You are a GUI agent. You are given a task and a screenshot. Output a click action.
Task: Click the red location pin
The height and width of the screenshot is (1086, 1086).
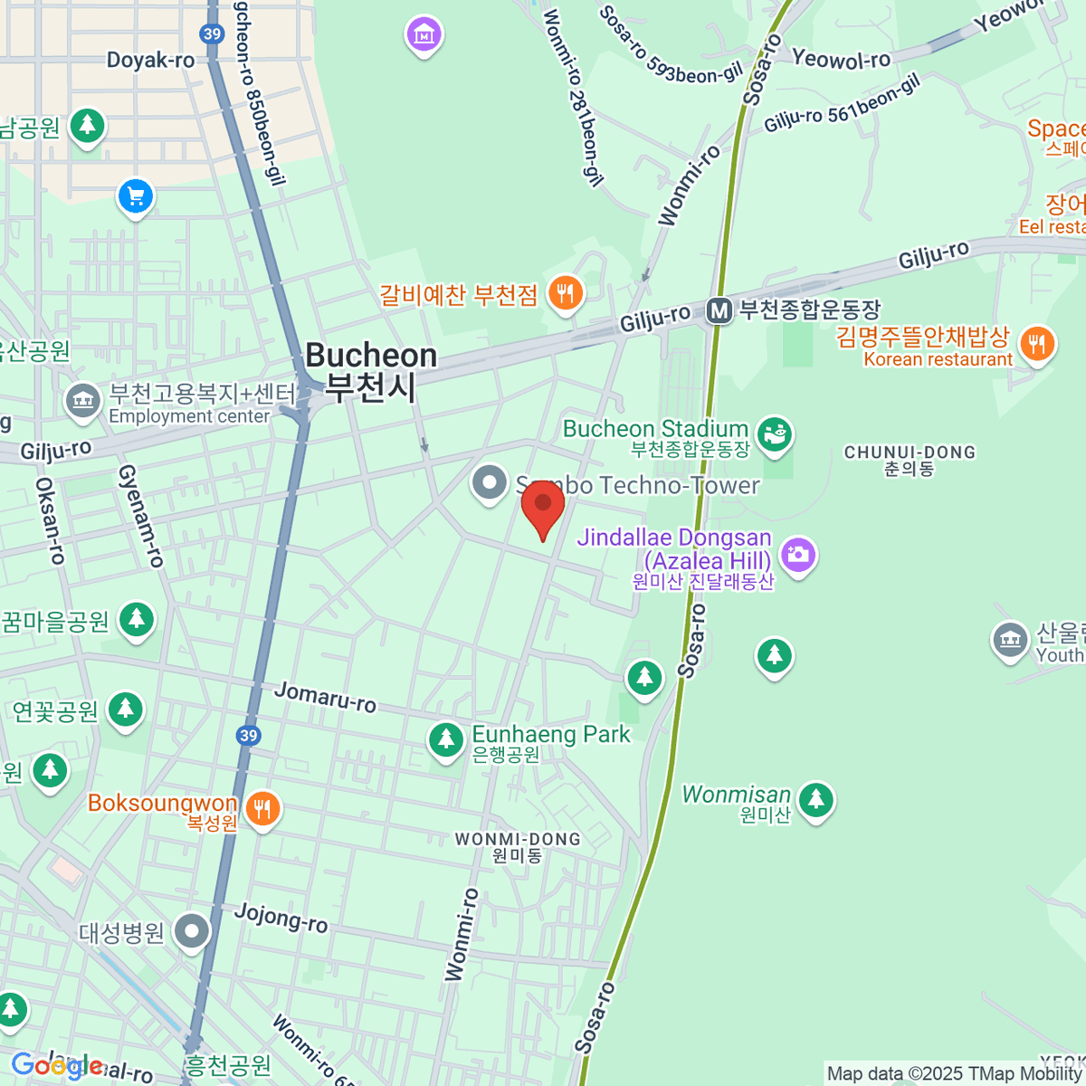(x=542, y=505)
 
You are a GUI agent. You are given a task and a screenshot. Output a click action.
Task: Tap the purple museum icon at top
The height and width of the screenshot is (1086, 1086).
(x=424, y=35)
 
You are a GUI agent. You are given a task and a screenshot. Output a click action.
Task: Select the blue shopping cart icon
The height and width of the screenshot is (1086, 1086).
(x=136, y=195)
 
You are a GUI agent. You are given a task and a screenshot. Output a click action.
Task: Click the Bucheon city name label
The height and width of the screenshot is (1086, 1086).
(x=371, y=371)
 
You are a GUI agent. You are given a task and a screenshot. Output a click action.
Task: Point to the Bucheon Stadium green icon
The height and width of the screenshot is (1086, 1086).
(x=775, y=433)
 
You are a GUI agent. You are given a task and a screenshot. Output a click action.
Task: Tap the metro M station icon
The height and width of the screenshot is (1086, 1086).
(x=719, y=311)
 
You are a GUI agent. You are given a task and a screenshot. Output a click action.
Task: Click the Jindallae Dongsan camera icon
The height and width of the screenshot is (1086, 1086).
(x=797, y=554)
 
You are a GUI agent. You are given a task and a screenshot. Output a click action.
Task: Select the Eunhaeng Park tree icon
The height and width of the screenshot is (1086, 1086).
(x=445, y=740)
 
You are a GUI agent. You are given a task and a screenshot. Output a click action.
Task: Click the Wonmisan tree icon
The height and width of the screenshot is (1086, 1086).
(x=816, y=799)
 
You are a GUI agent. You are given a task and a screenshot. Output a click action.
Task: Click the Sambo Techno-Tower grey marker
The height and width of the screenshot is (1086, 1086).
(x=490, y=482)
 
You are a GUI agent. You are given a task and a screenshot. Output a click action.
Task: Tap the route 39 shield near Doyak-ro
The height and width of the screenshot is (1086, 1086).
(x=212, y=34)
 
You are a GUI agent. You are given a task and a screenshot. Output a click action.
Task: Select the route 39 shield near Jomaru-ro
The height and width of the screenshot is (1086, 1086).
(x=249, y=735)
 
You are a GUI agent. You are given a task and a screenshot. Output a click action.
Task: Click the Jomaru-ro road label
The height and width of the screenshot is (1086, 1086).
(x=325, y=697)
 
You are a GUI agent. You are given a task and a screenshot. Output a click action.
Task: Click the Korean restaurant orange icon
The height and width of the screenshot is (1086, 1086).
(x=1037, y=344)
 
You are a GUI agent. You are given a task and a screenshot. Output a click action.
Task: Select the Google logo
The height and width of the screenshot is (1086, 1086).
(x=56, y=1066)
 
